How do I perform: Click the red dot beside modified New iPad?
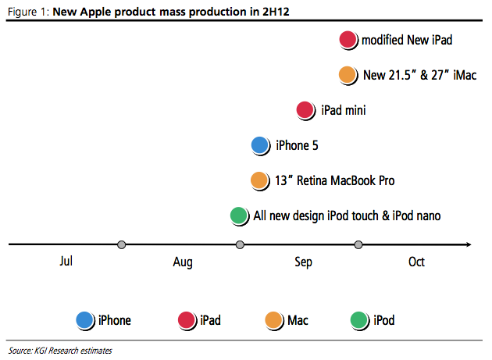[x=348, y=40]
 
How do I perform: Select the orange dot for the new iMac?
[x=348, y=75]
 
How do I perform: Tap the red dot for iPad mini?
[x=305, y=110]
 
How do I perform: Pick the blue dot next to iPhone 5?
[x=260, y=145]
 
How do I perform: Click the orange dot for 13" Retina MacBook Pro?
[x=260, y=181]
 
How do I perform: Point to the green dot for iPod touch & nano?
[x=239, y=216]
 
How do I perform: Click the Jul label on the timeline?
[x=66, y=261]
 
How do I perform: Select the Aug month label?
[x=183, y=262]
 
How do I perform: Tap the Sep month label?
[x=303, y=262]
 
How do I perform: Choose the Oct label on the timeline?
[x=416, y=262]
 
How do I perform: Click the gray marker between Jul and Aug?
[x=121, y=244]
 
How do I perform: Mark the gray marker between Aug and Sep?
[x=240, y=244]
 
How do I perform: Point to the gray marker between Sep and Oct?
[x=358, y=244]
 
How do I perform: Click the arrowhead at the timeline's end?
[x=469, y=244]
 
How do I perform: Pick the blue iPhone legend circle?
[x=85, y=320]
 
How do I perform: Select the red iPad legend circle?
[x=187, y=320]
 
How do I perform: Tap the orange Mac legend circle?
[x=274, y=320]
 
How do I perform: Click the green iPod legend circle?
[x=359, y=320]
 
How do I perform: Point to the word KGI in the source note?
[x=41, y=351]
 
